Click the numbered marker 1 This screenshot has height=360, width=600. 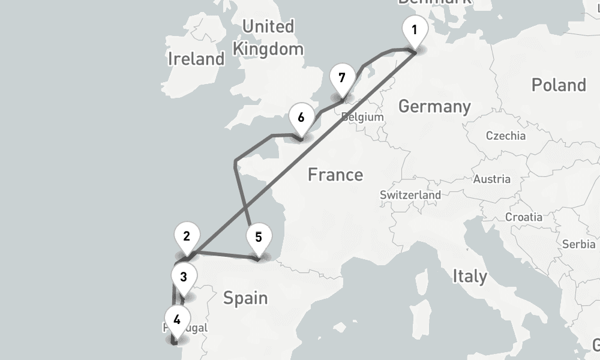pyautogui.click(x=414, y=30)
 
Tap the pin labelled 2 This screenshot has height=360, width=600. pyautogui.click(x=187, y=236)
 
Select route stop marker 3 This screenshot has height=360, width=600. pyautogui.click(x=184, y=277)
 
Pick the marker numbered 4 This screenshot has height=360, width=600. pyautogui.click(x=176, y=319)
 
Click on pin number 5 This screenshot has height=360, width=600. pyautogui.click(x=258, y=237)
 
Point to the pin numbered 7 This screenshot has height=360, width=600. pyautogui.click(x=342, y=78)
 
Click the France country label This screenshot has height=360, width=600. pyautogui.click(x=335, y=175)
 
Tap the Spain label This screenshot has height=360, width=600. pyautogui.click(x=245, y=298)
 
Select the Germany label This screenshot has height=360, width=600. pyautogui.click(x=434, y=107)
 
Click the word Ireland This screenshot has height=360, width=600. pyautogui.click(x=196, y=59)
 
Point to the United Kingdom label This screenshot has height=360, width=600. pyautogui.click(x=268, y=38)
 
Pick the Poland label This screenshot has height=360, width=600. pyautogui.click(x=559, y=85)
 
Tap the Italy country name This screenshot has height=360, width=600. pyautogui.click(x=469, y=277)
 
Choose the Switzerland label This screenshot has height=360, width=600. pyautogui.click(x=410, y=195)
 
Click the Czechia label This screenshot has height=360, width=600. pyautogui.click(x=506, y=136)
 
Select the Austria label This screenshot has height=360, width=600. pyautogui.click(x=492, y=179)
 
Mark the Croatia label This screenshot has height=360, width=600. pyautogui.click(x=524, y=217)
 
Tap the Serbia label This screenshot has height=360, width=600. pyautogui.click(x=578, y=244)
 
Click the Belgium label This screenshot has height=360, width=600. pyautogui.click(x=362, y=117)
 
